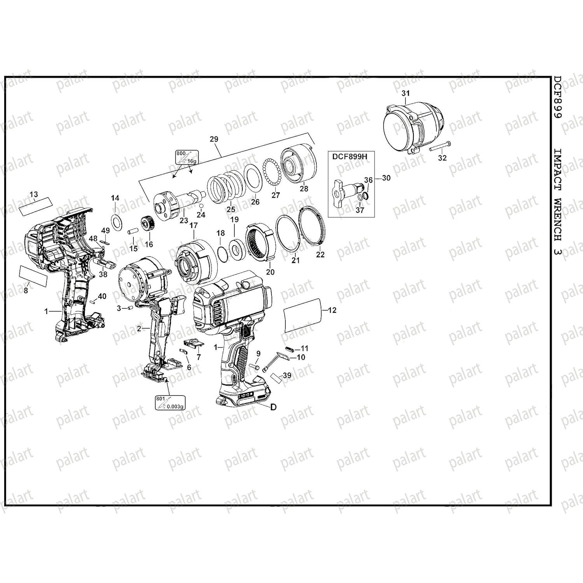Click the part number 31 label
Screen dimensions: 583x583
click(406, 93)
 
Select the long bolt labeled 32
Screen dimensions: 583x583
click(440, 147)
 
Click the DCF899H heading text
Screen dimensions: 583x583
click(349, 156)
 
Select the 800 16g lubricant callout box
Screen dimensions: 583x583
click(187, 158)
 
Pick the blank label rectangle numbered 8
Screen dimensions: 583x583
click(33, 276)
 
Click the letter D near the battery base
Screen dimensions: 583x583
click(273, 407)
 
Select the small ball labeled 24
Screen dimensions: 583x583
click(201, 205)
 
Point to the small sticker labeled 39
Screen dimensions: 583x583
click(277, 377)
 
